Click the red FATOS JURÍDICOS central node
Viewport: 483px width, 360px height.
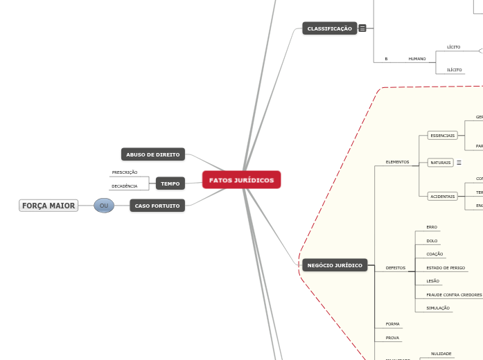click(241, 180)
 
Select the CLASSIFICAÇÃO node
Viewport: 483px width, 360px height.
click(329, 28)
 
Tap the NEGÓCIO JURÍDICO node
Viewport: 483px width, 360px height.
click(335, 265)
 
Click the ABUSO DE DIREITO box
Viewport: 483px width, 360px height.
click(152, 154)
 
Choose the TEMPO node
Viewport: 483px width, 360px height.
click(170, 183)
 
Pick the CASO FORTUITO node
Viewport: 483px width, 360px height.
click(157, 206)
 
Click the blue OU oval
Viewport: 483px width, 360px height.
click(104, 206)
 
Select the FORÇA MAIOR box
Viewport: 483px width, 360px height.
click(49, 206)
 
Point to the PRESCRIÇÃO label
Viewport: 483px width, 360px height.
click(125, 172)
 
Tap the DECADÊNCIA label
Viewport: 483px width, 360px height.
click(125, 186)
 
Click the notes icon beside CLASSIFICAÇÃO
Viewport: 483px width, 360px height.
click(362, 28)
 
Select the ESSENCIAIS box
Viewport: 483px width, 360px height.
click(442, 136)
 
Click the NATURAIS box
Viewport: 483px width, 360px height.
click(440, 163)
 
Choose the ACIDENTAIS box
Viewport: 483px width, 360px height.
click(443, 197)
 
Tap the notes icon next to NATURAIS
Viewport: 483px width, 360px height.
click(459, 163)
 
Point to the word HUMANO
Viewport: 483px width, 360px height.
click(417, 59)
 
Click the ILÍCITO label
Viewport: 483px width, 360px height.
click(455, 70)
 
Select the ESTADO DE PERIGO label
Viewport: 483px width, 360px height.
click(446, 268)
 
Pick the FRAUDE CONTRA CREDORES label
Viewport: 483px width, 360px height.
click(454, 295)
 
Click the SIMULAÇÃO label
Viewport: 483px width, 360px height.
click(438, 308)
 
